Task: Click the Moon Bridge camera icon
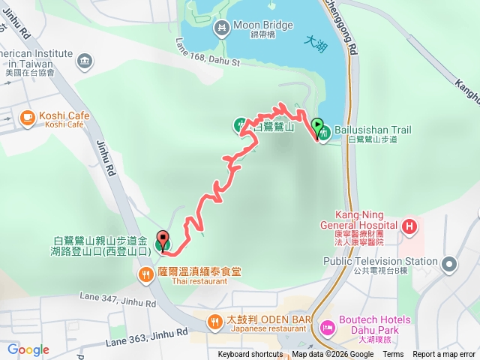click(x=222, y=29)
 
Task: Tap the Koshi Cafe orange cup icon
click(x=27, y=117)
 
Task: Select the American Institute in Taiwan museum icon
click(x=83, y=60)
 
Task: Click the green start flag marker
click(x=317, y=127)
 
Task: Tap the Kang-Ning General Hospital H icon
click(x=409, y=226)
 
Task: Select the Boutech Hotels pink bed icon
click(x=327, y=326)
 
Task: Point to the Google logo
click(x=28, y=349)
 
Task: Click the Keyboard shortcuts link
click(x=250, y=355)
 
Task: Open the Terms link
click(x=393, y=355)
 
